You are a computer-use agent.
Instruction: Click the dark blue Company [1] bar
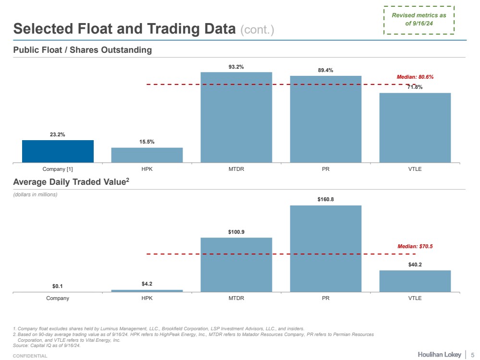pyautogui.click(x=58, y=151)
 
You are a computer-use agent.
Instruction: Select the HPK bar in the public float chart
pyautogui.click(x=147, y=155)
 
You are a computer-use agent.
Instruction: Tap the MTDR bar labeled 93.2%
pyautogui.click(x=236, y=117)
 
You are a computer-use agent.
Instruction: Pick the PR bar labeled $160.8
pyautogui.click(x=326, y=248)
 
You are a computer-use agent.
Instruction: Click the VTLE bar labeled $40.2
pyautogui.click(x=415, y=281)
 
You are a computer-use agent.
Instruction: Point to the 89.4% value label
pyautogui.click(x=326, y=70)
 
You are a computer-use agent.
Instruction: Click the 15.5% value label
pyautogui.click(x=147, y=142)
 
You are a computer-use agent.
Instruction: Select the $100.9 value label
pyautogui.click(x=236, y=232)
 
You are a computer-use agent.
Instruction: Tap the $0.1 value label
pyautogui.click(x=58, y=286)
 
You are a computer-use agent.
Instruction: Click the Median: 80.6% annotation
pyautogui.click(x=415, y=77)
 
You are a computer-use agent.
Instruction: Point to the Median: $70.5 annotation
pyautogui.click(x=415, y=246)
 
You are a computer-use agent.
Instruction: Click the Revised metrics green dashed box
pyautogui.click(x=419, y=20)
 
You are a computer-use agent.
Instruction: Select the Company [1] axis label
pyautogui.click(x=58, y=169)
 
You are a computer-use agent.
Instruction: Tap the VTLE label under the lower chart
pyautogui.click(x=415, y=298)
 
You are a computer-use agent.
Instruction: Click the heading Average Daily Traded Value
pyautogui.click(x=71, y=182)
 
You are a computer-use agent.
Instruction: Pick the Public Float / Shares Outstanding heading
pyautogui.click(x=82, y=50)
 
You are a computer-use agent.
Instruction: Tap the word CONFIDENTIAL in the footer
pyautogui.click(x=30, y=356)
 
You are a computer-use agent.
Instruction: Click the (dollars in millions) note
pyautogui.click(x=35, y=194)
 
